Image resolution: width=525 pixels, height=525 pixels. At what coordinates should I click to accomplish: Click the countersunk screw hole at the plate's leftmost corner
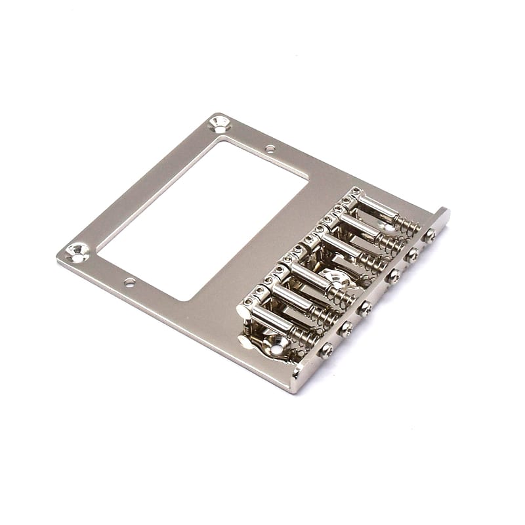[x=77, y=251]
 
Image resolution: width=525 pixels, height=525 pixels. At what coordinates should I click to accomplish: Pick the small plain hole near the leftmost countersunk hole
[x=129, y=282]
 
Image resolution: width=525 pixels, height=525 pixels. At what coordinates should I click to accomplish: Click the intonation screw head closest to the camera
[x=325, y=350]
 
